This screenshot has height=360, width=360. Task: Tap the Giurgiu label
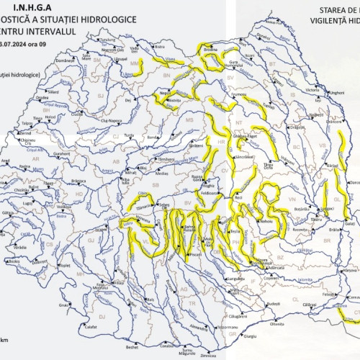(x=249, y=336)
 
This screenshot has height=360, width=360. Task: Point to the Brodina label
(x=211, y=50)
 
